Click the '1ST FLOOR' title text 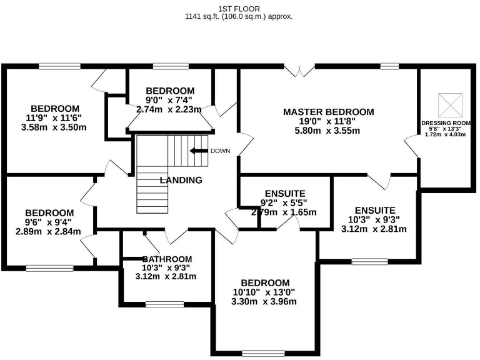tap(239, 8)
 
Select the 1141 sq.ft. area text tap(239, 17)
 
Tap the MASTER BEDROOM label tap(328, 112)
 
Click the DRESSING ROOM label tap(445, 123)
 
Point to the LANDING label tap(181, 181)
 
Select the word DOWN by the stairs tap(221, 151)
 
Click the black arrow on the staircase tap(199, 151)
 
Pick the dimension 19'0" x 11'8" tap(328, 121)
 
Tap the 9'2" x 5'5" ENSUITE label tap(284, 203)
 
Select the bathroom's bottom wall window tap(160, 304)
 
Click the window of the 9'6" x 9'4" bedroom tap(50, 268)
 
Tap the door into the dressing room tap(413, 146)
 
